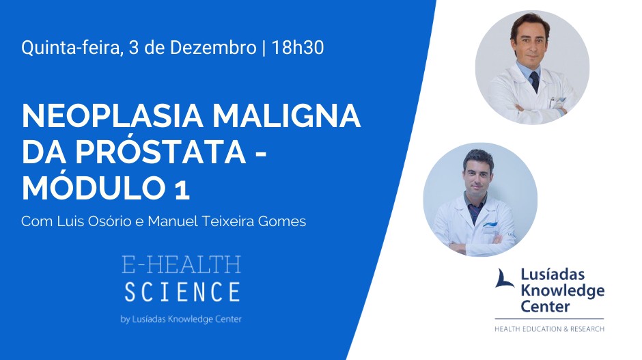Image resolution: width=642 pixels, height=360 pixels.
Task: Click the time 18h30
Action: coord(298,48)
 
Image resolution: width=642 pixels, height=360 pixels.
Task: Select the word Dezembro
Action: coord(213,48)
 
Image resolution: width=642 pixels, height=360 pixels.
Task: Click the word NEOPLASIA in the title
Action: coord(113,116)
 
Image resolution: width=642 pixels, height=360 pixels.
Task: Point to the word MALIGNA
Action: coord(286,116)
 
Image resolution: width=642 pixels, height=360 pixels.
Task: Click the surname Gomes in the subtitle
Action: coord(282,221)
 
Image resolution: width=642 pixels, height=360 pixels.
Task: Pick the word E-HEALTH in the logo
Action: coord(182,265)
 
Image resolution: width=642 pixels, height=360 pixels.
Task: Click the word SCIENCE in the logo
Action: coord(182,292)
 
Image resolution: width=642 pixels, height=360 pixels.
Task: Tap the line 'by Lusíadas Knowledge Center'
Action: coord(181,319)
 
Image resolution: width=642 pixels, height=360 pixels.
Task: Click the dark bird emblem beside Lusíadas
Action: coord(505,279)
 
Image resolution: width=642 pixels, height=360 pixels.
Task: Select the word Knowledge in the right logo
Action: coord(563,291)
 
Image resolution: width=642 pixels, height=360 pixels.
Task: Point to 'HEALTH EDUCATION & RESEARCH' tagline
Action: coord(550,329)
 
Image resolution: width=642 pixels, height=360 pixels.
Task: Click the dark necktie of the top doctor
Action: coord(535,82)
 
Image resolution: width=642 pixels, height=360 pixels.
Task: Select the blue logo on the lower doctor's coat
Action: coord(490,225)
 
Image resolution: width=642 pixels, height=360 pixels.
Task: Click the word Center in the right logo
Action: coord(545,306)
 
